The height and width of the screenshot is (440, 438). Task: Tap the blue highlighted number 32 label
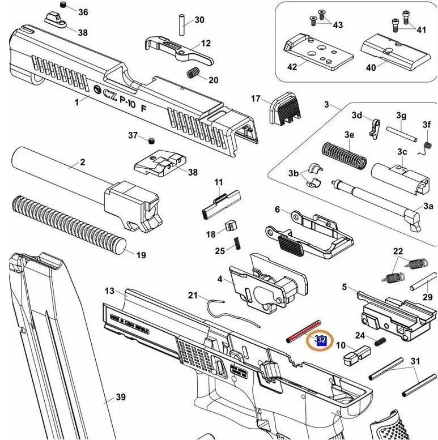click(321, 340)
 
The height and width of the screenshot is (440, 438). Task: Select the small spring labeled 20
click(193, 73)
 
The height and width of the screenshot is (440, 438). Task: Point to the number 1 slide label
click(76, 102)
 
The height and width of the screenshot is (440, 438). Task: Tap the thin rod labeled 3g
click(402, 134)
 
